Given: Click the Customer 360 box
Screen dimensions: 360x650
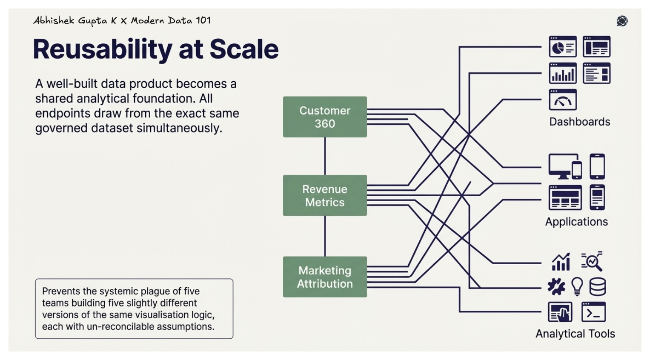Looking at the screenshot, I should [x=325, y=117].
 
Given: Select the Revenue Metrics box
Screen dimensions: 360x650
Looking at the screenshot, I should [x=325, y=195].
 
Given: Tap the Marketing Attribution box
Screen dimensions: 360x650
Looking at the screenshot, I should [x=325, y=277].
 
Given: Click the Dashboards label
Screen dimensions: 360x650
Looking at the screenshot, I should [x=579, y=122].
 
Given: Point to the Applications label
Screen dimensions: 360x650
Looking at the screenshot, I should [x=576, y=222].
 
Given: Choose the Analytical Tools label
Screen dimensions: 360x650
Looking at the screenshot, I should [x=575, y=334].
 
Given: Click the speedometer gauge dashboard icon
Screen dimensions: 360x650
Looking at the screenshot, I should [x=563, y=100].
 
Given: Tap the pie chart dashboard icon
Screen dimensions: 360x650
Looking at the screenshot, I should [x=563, y=47].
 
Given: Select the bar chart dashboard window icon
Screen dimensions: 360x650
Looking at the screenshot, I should [x=563, y=73].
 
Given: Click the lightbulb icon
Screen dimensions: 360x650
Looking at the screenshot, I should [x=577, y=286].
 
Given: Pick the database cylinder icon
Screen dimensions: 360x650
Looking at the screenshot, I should [x=597, y=287].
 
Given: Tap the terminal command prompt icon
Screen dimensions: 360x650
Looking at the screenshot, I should [x=593, y=312].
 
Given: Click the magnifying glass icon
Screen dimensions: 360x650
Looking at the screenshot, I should [x=592, y=261].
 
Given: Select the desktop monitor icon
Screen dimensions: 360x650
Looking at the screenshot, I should [x=563, y=166].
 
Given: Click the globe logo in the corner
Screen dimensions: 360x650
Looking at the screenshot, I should [x=622, y=21].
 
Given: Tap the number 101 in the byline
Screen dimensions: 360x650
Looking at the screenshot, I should [x=203, y=20].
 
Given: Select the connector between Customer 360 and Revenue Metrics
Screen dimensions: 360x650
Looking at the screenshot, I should [x=325, y=156].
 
